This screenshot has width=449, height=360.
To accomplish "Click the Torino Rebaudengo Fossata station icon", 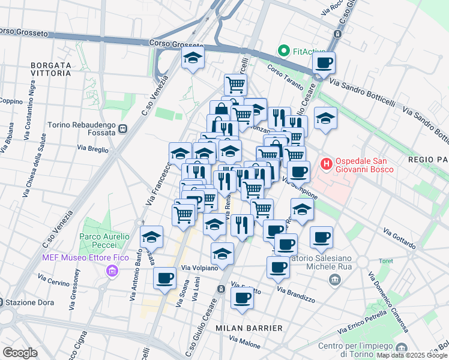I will pyautogui.click(x=123, y=128).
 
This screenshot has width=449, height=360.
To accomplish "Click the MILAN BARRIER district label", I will pyautogui.click(x=249, y=328).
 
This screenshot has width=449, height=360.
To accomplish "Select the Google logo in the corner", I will pyautogui.click(x=20, y=353).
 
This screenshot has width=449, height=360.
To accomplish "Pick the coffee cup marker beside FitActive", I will pyautogui.click(x=324, y=63).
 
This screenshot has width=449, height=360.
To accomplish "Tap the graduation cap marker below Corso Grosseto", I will pyautogui.click(x=193, y=59).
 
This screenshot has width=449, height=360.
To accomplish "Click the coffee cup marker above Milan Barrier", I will pyautogui.click(x=242, y=298).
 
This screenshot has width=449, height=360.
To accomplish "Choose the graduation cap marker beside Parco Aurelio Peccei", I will pyautogui.click(x=152, y=237).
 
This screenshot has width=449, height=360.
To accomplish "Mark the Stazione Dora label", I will pyautogui.click(x=23, y=301).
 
